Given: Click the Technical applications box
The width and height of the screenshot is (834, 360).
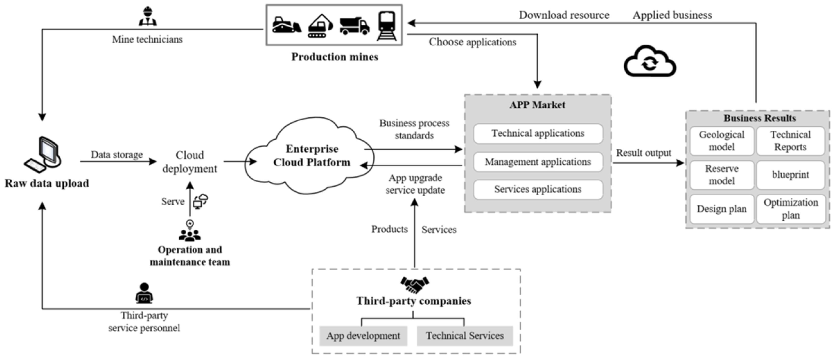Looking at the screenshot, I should [538, 133].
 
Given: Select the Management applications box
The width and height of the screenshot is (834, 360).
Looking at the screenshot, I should [538, 162].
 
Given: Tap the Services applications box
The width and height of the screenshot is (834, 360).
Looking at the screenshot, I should [538, 189].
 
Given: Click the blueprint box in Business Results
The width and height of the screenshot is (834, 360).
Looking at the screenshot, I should [790, 175].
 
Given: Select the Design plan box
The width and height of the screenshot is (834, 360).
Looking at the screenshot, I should [722, 209].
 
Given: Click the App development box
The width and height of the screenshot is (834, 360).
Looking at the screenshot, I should [363, 336].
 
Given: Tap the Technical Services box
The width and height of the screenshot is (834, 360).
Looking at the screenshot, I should [465, 336].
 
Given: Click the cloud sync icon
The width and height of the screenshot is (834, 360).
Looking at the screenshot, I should [650, 61].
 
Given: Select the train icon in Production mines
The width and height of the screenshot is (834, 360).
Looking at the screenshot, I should [387, 25].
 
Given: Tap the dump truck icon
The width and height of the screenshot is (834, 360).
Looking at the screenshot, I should [354, 26].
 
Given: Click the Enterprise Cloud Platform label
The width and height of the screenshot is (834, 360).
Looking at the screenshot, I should [312, 155].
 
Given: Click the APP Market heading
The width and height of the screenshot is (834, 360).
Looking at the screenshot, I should [537, 105].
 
